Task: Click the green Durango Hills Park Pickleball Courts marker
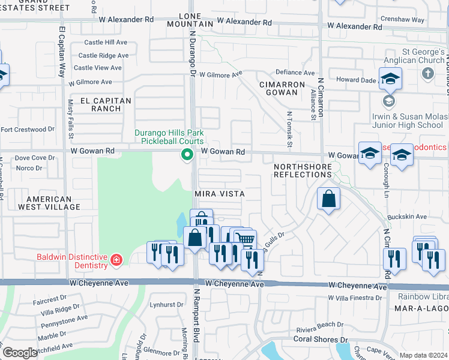[187, 155]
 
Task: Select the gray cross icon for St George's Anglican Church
[427, 74]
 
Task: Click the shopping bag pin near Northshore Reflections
[328, 200]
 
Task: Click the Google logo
[19, 353]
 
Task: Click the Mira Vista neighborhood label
[219, 194]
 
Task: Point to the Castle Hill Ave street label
[106, 43]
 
